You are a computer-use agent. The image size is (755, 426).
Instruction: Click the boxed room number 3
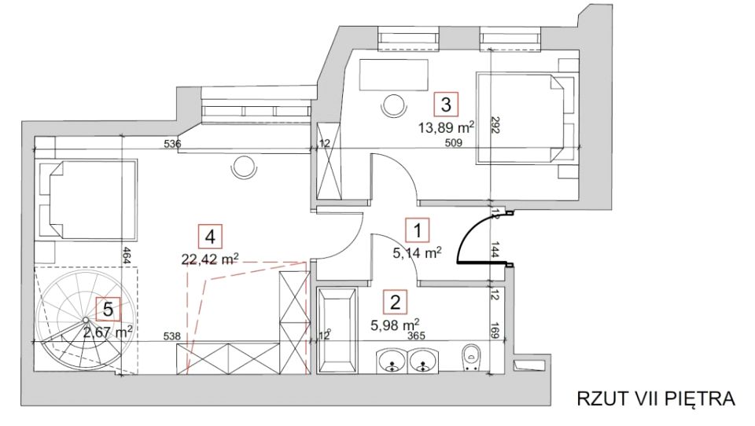click(x=446, y=105)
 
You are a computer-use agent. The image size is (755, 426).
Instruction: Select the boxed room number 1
click(x=418, y=230)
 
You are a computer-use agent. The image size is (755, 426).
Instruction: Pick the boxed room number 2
click(x=396, y=303)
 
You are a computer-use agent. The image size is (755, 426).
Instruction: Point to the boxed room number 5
click(x=109, y=309)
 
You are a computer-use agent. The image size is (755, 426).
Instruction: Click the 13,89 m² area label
click(x=446, y=127)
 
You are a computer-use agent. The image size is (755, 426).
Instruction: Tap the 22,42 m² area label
click(x=210, y=259)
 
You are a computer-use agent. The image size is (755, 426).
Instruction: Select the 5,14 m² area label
click(x=417, y=252)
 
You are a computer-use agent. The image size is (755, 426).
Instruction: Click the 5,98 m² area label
click(x=395, y=325)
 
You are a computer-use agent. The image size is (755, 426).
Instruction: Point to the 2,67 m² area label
click(x=108, y=332)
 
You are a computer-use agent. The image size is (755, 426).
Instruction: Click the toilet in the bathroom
click(x=470, y=358)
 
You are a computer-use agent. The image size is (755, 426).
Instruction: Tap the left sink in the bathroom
click(x=392, y=361)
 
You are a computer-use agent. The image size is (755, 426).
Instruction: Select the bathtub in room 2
click(x=337, y=330)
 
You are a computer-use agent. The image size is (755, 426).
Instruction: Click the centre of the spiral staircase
click(x=85, y=320)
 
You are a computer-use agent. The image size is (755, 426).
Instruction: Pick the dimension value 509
click(x=454, y=142)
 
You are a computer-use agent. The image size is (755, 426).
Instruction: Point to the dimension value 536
click(x=172, y=144)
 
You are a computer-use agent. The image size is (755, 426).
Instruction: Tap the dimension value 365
click(x=417, y=336)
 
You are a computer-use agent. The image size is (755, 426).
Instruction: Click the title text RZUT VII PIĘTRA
click(x=656, y=398)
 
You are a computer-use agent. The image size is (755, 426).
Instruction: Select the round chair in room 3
click(x=394, y=105)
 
